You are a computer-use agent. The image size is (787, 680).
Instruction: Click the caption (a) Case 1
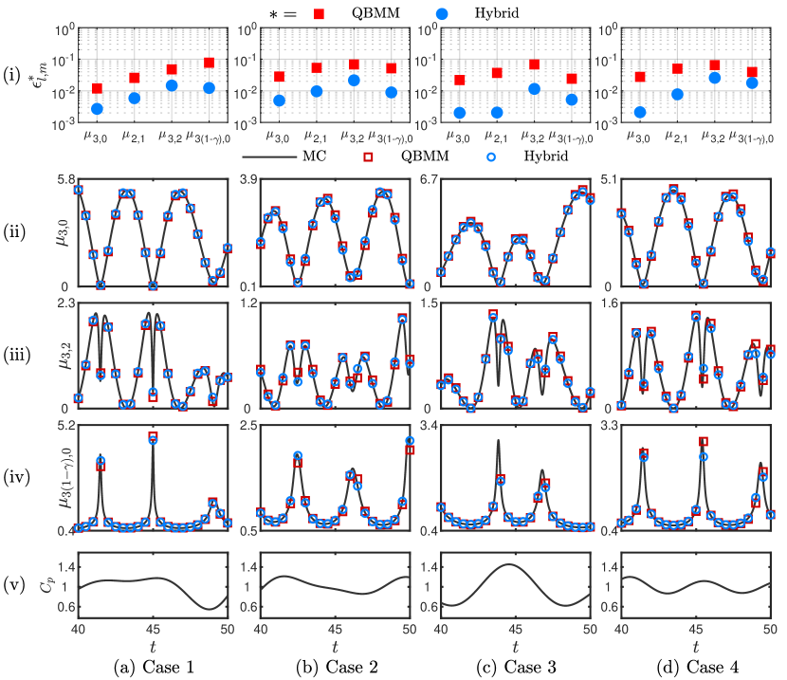click(x=153, y=666)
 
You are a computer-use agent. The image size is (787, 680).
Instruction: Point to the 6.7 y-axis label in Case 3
click(x=428, y=179)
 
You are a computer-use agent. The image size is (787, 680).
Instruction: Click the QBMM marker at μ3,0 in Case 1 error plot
click(x=98, y=88)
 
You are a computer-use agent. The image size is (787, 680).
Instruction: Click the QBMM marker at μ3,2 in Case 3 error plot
click(x=534, y=64)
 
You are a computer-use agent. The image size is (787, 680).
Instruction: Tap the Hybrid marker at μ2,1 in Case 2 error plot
click(x=317, y=91)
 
